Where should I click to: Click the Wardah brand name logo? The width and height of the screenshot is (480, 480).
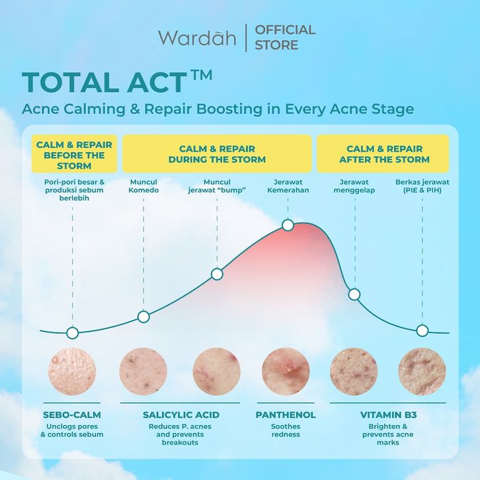[x=197, y=38]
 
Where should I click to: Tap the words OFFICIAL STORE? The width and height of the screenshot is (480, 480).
[x=285, y=37]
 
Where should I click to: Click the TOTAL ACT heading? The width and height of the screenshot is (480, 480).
[x=117, y=82]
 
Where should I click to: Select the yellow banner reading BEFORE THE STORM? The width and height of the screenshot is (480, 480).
[x=75, y=153]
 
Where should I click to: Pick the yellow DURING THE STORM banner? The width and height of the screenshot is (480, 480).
[x=217, y=153]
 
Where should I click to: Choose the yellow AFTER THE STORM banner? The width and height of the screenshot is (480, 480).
[x=383, y=153]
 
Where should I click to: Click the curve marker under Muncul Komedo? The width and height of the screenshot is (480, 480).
[x=143, y=317]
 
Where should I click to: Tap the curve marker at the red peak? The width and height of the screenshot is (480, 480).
[x=288, y=225]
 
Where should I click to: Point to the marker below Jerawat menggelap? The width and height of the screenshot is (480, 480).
[x=354, y=294]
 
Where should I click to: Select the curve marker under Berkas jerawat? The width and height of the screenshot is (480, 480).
[x=422, y=331]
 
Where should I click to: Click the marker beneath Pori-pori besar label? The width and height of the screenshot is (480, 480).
[x=73, y=333]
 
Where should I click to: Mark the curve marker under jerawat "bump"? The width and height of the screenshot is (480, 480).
[x=217, y=274]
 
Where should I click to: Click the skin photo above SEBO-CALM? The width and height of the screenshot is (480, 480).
[x=72, y=371]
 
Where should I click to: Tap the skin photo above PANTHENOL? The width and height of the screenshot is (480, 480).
[x=286, y=371]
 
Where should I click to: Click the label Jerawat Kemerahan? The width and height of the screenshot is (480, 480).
[x=288, y=186]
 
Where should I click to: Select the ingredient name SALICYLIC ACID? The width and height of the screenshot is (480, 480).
[x=181, y=415]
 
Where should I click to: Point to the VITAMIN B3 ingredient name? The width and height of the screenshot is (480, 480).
[x=388, y=415]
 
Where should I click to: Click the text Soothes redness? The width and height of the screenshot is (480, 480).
[x=286, y=430]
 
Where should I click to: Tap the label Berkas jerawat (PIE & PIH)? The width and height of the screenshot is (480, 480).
[x=422, y=186]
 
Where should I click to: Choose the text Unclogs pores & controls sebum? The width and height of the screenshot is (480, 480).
[x=72, y=430]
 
